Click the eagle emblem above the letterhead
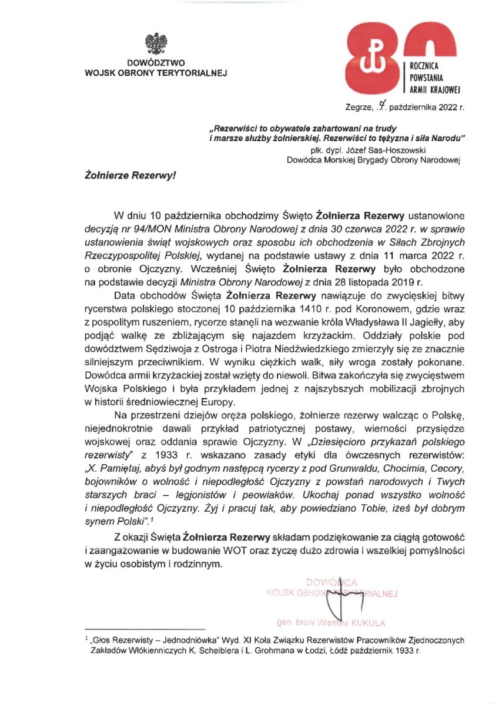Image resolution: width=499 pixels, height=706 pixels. pyautogui.click(x=156, y=45)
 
